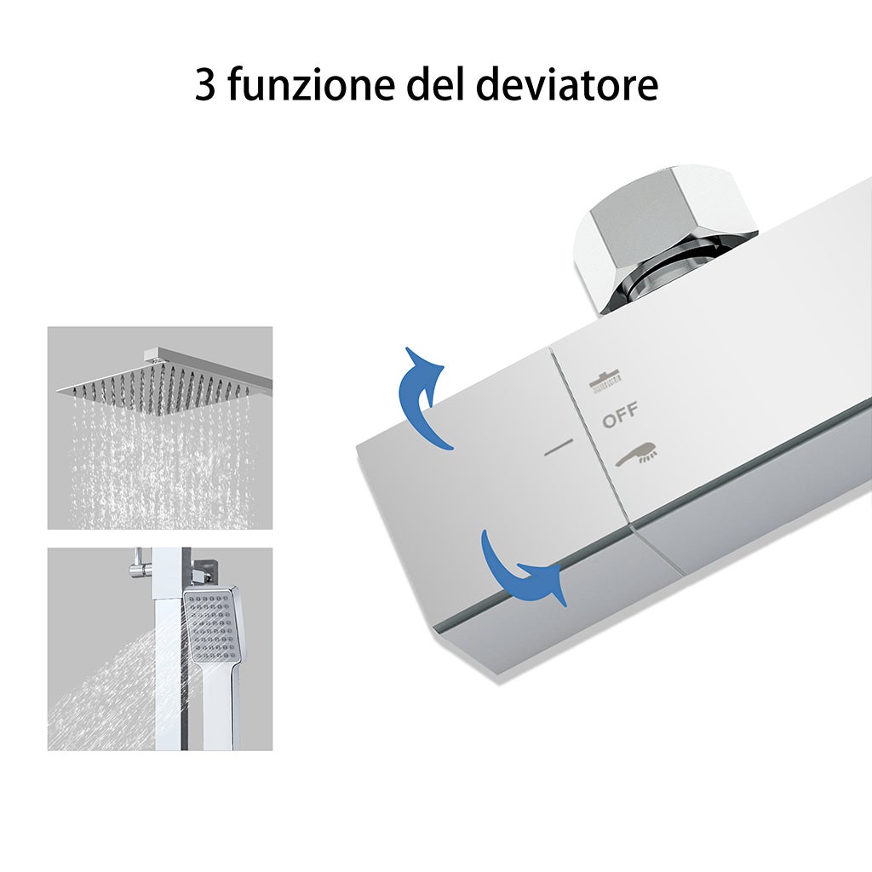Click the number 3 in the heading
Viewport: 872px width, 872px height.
click(205, 86)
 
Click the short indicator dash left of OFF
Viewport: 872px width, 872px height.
click(559, 448)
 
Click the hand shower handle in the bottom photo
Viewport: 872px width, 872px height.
click(220, 707)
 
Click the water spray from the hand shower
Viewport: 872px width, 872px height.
click(111, 690)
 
